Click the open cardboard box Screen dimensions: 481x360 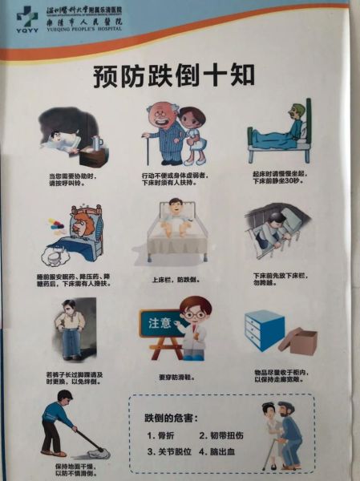(x=296, y=340)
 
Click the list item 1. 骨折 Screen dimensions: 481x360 (x=162, y=435)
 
